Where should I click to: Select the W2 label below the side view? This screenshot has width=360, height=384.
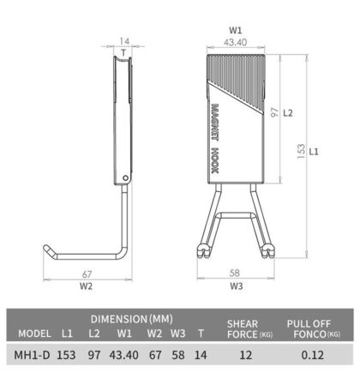coord(87,286)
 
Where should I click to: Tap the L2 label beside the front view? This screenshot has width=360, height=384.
coord(289,112)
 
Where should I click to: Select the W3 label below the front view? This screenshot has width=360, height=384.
coord(237,286)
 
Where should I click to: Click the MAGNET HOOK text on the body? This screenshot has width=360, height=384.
coord(213,141)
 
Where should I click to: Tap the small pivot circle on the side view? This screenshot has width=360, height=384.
coord(127,177)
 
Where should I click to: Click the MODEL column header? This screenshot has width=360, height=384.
coord(34,333)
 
